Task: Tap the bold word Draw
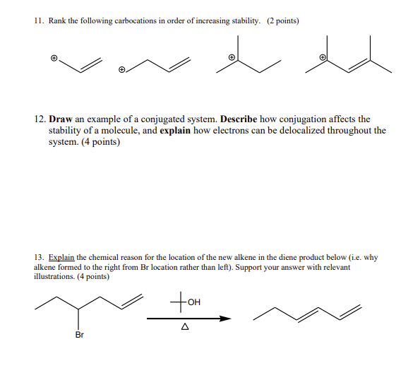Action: [62, 119]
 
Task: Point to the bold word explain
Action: [172, 131]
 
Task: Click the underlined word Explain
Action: [61, 258]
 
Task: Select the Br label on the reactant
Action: [79, 335]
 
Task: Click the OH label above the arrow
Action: [194, 303]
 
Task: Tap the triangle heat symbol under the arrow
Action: [185, 327]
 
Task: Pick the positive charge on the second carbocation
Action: [122, 70]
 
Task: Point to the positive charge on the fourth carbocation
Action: [323, 57]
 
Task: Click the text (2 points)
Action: [282, 21]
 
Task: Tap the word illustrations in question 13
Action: [55, 277]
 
